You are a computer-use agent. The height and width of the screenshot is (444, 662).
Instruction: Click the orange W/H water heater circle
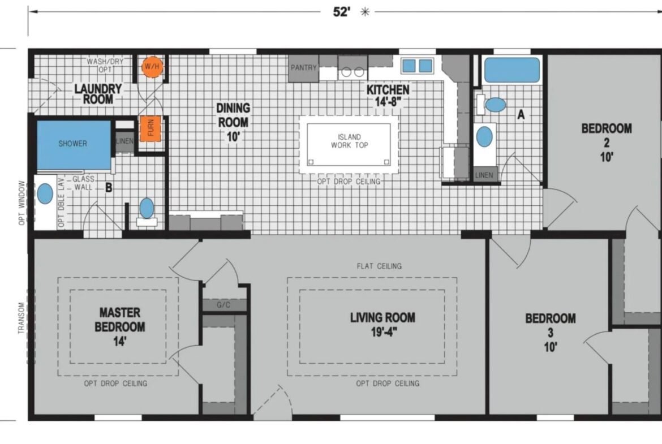tap(152, 67)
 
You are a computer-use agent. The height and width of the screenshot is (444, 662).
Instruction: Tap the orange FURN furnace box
tap(151, 128)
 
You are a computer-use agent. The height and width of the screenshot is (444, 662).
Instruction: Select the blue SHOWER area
tap(74, 145)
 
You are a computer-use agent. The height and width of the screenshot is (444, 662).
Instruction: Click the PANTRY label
tap(303, 67)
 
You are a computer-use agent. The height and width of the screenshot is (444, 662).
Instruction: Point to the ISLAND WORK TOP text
tap(349, 141)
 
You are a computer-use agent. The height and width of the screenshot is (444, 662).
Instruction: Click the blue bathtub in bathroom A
tap(511, 70)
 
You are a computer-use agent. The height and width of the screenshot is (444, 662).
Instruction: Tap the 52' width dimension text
tap(342, 12)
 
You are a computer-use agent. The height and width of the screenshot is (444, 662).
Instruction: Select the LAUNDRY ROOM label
tap(98, 94)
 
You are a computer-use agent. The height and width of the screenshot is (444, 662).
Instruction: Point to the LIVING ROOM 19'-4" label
tap(382, 325)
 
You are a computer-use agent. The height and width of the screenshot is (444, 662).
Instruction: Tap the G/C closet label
tap(223, 305)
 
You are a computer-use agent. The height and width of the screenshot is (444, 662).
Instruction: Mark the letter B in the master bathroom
tap(109, 187)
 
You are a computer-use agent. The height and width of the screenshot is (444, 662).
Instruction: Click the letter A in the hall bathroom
tap(521, 114)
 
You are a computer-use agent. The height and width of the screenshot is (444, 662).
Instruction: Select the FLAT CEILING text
tap(379, 266)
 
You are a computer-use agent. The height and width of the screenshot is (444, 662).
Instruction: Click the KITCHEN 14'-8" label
tap(388, 96)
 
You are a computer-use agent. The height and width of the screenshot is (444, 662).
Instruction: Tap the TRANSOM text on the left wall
tap(21, 318)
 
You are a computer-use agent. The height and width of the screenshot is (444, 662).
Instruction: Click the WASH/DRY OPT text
tap(105, 65)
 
